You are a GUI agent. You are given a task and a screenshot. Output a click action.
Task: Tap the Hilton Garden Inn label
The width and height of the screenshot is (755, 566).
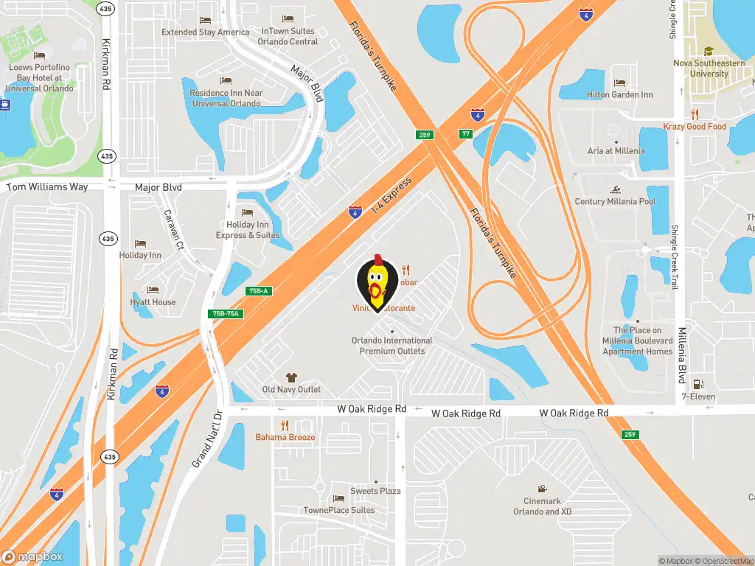click(x=619, y=95)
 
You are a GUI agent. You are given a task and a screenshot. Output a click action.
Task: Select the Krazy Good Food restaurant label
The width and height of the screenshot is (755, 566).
click(x=694, y=127)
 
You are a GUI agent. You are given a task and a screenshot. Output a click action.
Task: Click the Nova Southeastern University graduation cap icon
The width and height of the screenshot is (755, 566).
click(x=709, y=52)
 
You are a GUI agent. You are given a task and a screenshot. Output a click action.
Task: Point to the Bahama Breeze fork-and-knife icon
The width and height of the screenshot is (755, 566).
click(x=285, y=425)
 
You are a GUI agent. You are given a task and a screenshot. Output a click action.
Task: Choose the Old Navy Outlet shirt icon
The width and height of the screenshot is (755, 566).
click(x=291, y=377)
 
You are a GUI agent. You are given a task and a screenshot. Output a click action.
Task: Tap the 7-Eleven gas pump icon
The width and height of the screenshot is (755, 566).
click(x=698, y=384)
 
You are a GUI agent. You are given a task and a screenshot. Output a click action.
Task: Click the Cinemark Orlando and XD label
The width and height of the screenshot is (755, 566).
click(x=543, y=506)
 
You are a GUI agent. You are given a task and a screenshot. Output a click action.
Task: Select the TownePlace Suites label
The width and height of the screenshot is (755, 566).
click(x=339, y=510)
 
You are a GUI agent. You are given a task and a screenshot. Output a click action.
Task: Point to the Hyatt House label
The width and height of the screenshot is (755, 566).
click(x=153, y=302)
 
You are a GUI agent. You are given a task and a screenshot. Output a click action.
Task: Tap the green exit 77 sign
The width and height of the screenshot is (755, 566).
click(x=465, y=134)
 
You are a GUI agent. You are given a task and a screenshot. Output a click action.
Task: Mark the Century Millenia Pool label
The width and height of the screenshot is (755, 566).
click(x=615, y=202)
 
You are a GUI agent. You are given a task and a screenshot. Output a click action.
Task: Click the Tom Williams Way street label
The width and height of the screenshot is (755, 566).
click(x=47, y=187)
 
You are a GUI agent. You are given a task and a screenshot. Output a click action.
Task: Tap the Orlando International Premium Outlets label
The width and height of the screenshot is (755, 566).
click(x=392, y=346)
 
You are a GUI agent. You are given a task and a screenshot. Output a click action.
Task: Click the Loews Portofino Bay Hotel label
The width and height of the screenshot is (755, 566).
click(x=40, y=77)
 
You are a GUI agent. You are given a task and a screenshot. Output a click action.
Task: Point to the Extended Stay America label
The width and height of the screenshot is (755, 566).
click(x=206, y=32)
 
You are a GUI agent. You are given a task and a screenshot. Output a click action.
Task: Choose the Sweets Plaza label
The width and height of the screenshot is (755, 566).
click(x=375, y=492)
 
